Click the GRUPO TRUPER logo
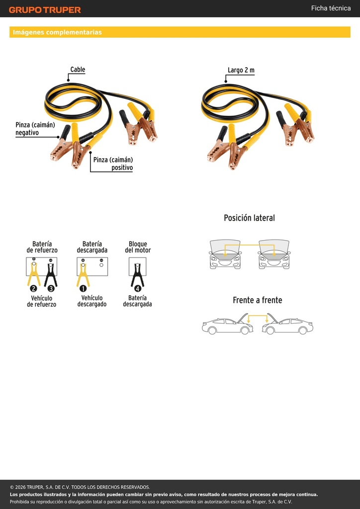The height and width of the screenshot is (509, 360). pos(45,10)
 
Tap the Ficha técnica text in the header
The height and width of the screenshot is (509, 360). pos(331,8)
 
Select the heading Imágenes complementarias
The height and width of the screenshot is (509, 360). pos(57,32)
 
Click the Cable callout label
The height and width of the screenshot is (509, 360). pos(78,70)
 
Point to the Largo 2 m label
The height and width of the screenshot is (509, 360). pos(241,70)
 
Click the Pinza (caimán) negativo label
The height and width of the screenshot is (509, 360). pos(35,129)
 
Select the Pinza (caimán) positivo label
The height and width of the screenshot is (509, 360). pos(113,164)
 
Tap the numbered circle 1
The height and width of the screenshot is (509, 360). pos(83,288)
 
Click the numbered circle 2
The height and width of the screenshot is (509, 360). pos(33,288)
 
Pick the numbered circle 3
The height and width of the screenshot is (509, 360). pos(51,288)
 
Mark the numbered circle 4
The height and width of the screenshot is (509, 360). pos(138,288)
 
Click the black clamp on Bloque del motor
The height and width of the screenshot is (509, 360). pos(137,275)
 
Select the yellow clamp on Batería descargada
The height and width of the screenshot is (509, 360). pos(83,275)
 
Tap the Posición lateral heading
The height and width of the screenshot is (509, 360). pos(249,218)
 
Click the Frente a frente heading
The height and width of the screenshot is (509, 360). pos(258,300)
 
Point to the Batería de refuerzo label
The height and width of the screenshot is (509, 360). pos(42,247)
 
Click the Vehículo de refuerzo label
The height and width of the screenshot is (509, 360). pos(42,301)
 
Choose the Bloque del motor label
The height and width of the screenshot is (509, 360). pos(138,247)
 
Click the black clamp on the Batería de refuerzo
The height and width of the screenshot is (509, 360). pos(51,275)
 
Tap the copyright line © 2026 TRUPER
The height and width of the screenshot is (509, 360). pos(80,487)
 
